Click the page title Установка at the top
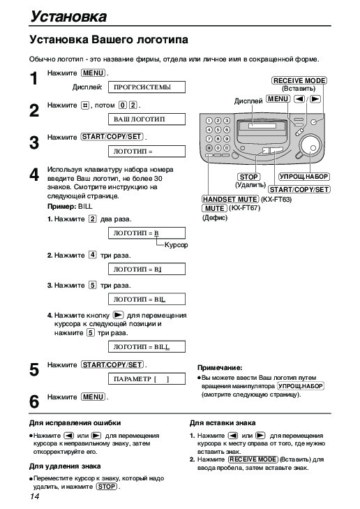pos(68,16)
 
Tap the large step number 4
pos(34,175)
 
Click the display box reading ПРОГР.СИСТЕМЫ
pos(147,87)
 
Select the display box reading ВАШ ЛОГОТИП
pos(147,119)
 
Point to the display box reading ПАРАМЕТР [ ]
pos(147,379)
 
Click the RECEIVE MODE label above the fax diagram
pos(299,80)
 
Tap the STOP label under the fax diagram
pos(249,177)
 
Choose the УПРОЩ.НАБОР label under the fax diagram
pos(304,177)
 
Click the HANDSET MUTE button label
pos(230,199)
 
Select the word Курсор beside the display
pos(176,245)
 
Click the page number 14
pos(34,496)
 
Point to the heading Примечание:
pos(220,368)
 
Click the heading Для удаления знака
pos(65,466)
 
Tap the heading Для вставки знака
pos(223,423)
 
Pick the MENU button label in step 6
pos(93,397)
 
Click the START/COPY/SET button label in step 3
pos(112,137)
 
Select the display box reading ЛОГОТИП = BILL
pos(147,347)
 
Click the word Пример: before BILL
pos(61,207)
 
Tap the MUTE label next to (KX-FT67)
pos(215,208)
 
